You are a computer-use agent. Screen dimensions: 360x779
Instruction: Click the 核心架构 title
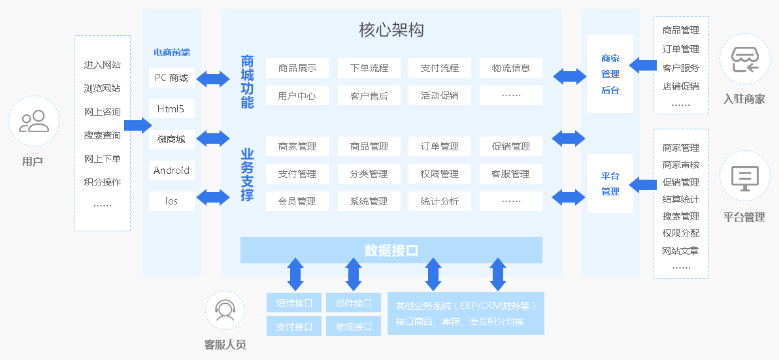(x=391, y=29)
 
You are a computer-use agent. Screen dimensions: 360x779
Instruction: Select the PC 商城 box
(x=171, y=78)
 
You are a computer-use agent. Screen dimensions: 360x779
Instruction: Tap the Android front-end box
(x=171, y=171)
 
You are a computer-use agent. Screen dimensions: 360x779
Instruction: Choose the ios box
(x=171, y=201)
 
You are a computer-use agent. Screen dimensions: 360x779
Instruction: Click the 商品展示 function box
(x=297, y=68)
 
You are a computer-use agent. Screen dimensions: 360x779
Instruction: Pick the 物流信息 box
(x=511, y=68)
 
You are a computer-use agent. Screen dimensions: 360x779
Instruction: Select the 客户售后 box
(x=369, y=95)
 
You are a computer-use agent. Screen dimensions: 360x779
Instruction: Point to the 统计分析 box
(x=440, y=201)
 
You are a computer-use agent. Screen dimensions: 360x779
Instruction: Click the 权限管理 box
(x=440, y=174)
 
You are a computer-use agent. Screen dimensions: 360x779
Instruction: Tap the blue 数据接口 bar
(x=391, y=250)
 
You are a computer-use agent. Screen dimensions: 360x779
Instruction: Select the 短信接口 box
(x=294, y=303)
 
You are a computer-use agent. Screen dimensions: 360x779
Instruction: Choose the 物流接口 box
(x=354, y=326)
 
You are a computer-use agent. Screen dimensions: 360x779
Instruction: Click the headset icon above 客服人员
(x=225, y=310)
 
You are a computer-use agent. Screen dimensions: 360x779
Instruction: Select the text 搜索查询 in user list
(x=103, y=135)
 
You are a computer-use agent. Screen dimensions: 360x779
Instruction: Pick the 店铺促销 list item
(x=681, y=86)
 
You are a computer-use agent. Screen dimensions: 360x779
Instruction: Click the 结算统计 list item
(x=681, y=199)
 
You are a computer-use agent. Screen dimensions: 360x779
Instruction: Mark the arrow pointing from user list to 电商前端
(x=137, y=125)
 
